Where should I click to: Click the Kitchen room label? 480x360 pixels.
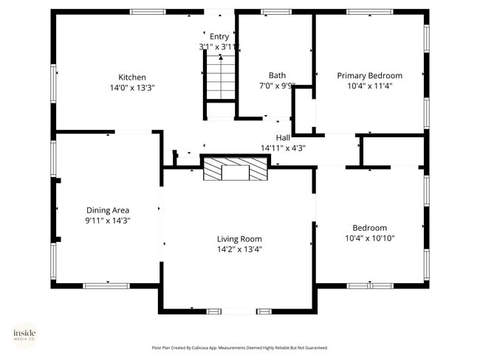[x=132, y=77]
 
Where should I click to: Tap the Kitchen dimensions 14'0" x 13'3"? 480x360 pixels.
[x=132, y=87]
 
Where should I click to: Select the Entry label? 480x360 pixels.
[x=219, y=36]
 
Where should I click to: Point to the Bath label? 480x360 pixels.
[x=277, y=75]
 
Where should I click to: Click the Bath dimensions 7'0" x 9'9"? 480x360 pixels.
[x=277, y=86]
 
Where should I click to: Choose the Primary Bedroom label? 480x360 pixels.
[x=369, y=75]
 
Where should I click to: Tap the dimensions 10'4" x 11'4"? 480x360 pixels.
[x=369, y=86]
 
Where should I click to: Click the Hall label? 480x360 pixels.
[x=283, y=137]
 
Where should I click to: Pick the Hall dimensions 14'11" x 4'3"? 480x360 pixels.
[x=283, y=148]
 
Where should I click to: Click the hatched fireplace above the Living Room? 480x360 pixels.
[x=236, y=170]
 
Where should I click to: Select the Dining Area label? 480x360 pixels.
[x=108, y=210]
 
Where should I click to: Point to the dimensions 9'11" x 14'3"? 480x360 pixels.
[x=108, y=220]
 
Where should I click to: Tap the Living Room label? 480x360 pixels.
[x=239, y=238]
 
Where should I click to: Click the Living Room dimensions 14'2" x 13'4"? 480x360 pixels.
[x=239, y=249]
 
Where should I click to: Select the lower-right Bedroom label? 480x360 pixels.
[x=369, y=228]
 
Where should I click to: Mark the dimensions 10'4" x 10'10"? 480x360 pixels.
[x=369, y=238]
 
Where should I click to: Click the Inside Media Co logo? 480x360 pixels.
[x=24, y=335]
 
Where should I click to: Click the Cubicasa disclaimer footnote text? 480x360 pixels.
[x=239, y=347]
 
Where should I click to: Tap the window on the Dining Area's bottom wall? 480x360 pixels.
[x=107, y=285]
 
